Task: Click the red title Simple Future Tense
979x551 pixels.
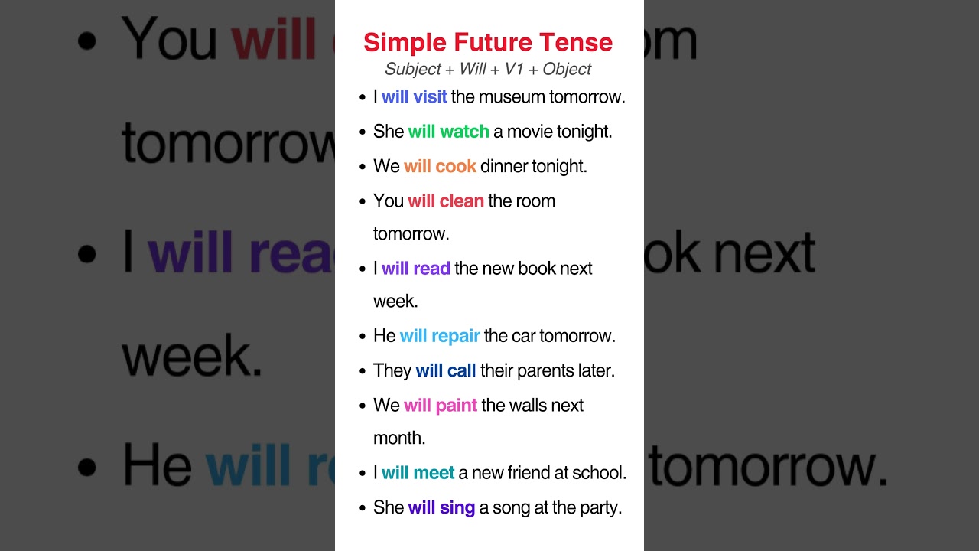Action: pyautogui.click(x=488, y=42)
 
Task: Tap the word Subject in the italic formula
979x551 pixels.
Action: pyautogui.click(x=413, y=70)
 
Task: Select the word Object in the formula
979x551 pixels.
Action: pyautogui.click(x=567, y=70)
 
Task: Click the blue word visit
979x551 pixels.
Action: pyautogui.click(x=430, y=97)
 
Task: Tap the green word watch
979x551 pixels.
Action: pyautogui.click(x=465, y=132)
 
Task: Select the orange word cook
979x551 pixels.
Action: pyautogui.click(x=456, y=166)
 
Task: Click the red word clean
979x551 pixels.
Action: pyautogui.click(x=462, y=201)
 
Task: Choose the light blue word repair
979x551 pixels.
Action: pyautogui.click(x=456, y=336)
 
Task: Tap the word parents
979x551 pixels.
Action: pyautogui.click(x=544, y=371)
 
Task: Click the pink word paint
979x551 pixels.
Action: pyautogui.click(x=457, y=406)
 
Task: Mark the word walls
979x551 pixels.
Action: pyautogui.click(x=531, y=406)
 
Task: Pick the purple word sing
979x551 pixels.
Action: pyautogui.click(x=457, y=507)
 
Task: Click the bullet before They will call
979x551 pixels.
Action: pyautogui.click(x=363, y=371)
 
